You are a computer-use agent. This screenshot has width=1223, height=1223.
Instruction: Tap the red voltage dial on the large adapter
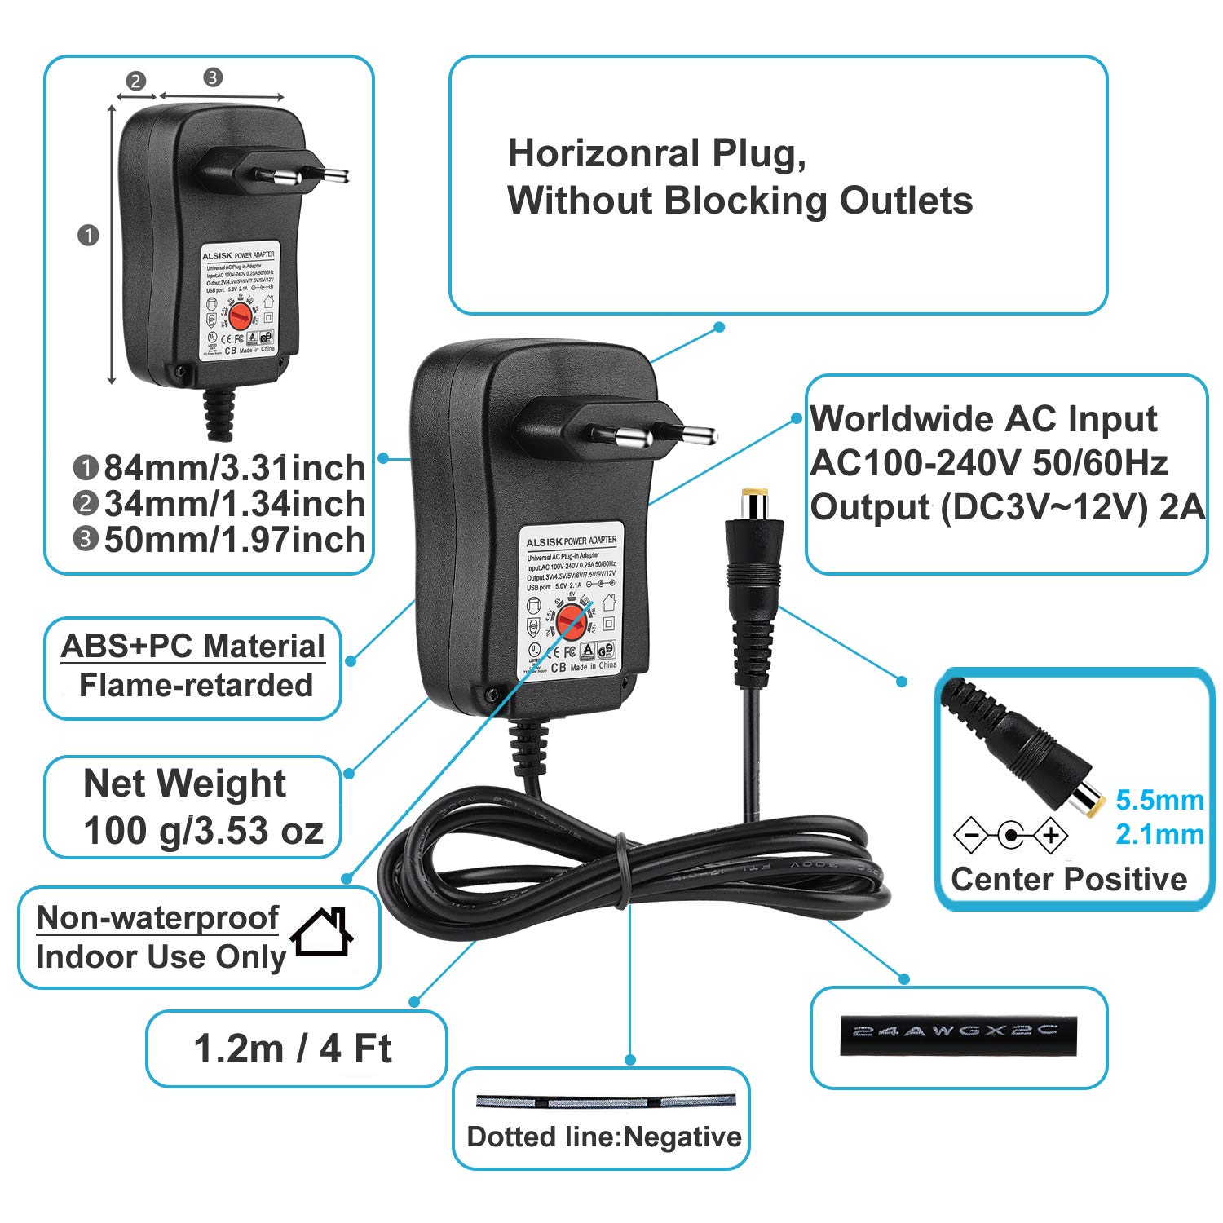[573, 623]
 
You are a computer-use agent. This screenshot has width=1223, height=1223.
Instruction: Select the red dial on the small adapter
[240, 315]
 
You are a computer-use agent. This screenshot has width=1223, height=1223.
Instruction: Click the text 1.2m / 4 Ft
[293, 1049]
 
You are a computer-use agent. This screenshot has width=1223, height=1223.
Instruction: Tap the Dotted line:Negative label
[604, 1137]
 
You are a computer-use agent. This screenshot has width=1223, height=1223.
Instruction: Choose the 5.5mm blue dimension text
[1159, 801]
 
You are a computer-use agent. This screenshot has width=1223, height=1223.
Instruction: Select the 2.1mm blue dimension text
[1159, 835]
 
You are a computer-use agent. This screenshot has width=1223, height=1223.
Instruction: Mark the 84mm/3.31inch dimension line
[112, 245]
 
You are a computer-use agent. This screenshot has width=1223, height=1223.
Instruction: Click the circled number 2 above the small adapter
[135, 81]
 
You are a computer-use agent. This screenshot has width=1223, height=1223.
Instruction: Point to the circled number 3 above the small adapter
[213, 77]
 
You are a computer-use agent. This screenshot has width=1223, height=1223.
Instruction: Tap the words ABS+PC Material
[193, 647]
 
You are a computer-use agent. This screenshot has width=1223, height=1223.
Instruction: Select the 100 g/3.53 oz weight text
[203, 831]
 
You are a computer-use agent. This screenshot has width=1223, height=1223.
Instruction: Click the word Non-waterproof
[158, 918]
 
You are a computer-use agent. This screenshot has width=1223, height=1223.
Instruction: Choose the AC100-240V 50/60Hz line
[988, 463]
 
